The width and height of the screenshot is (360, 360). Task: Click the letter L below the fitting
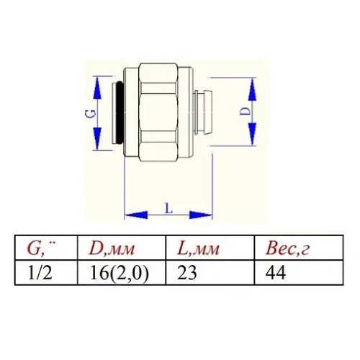(x=168, y=208)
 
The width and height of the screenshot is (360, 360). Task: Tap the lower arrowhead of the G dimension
(x=94, y=143)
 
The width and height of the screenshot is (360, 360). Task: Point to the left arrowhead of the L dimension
(x=130, y=215)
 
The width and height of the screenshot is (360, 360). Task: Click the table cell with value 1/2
(x=40, y=274)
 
